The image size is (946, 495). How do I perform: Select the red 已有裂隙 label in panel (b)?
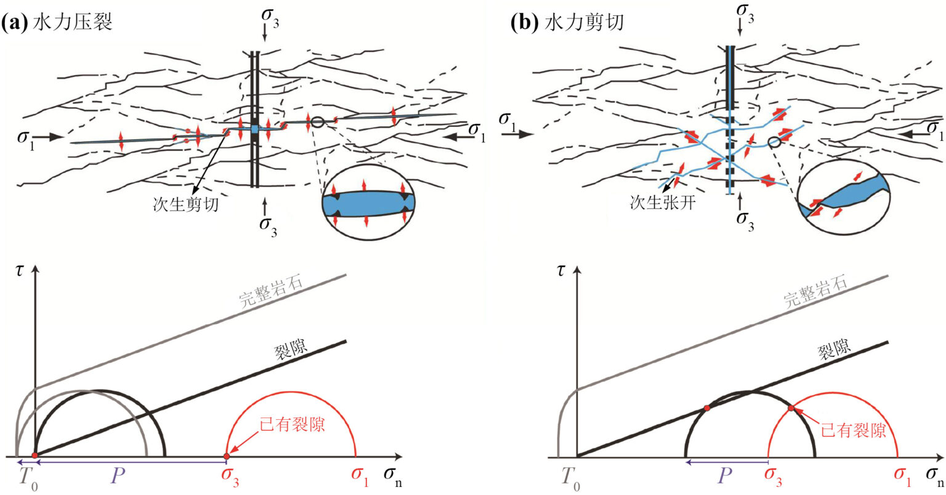tap(852, 429)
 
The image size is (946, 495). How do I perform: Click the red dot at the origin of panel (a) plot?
tap(35, 456)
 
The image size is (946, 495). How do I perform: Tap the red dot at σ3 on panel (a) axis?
tap(226, 456)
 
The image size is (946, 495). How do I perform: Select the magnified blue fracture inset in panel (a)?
tap(368, 203)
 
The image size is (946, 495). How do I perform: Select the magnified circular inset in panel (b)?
tap(843, 196)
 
